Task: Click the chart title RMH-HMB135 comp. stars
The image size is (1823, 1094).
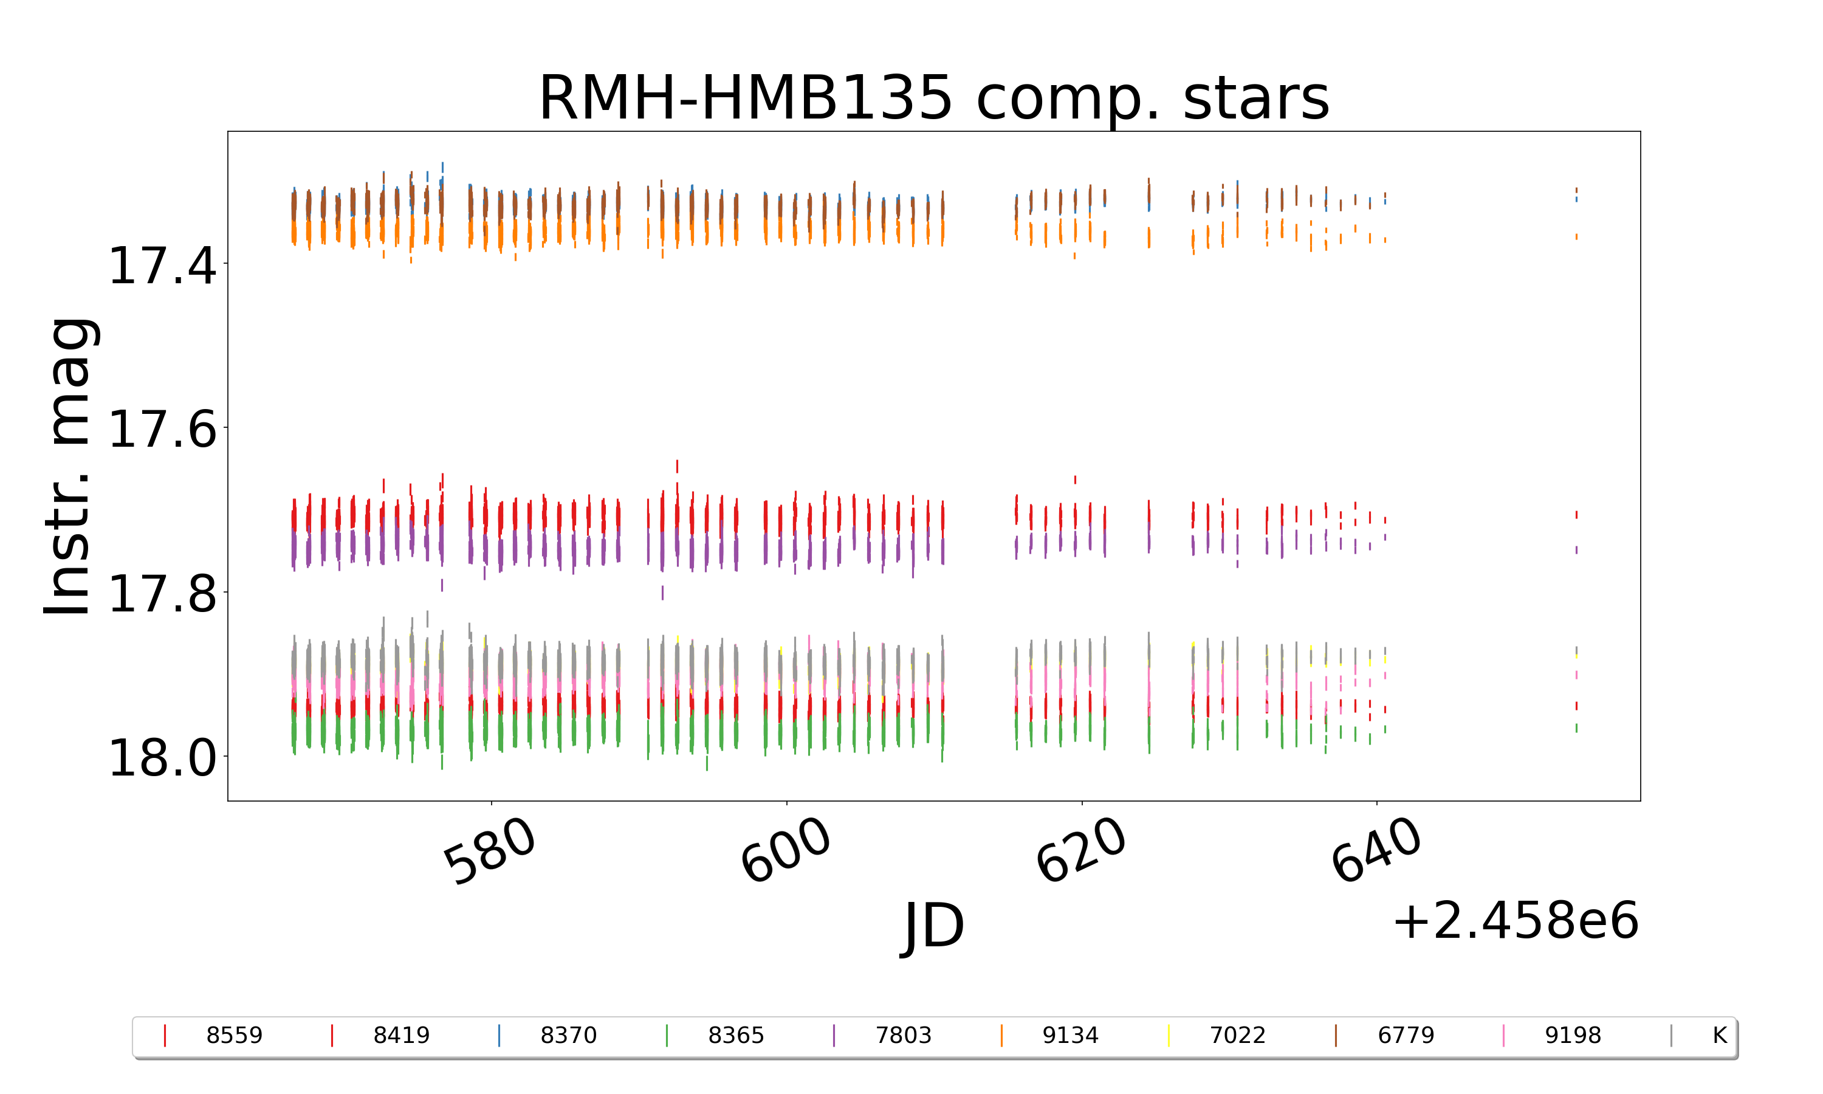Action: pos(933,98)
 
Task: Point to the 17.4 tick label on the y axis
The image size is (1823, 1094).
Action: pos(162,266)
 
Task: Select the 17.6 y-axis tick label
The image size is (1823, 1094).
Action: pos(162,429)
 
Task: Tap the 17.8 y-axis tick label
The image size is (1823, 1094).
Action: pos(162,593)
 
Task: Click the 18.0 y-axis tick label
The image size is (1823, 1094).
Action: pos(162,758)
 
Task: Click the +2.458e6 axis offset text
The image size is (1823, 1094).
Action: pos(1515,921)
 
